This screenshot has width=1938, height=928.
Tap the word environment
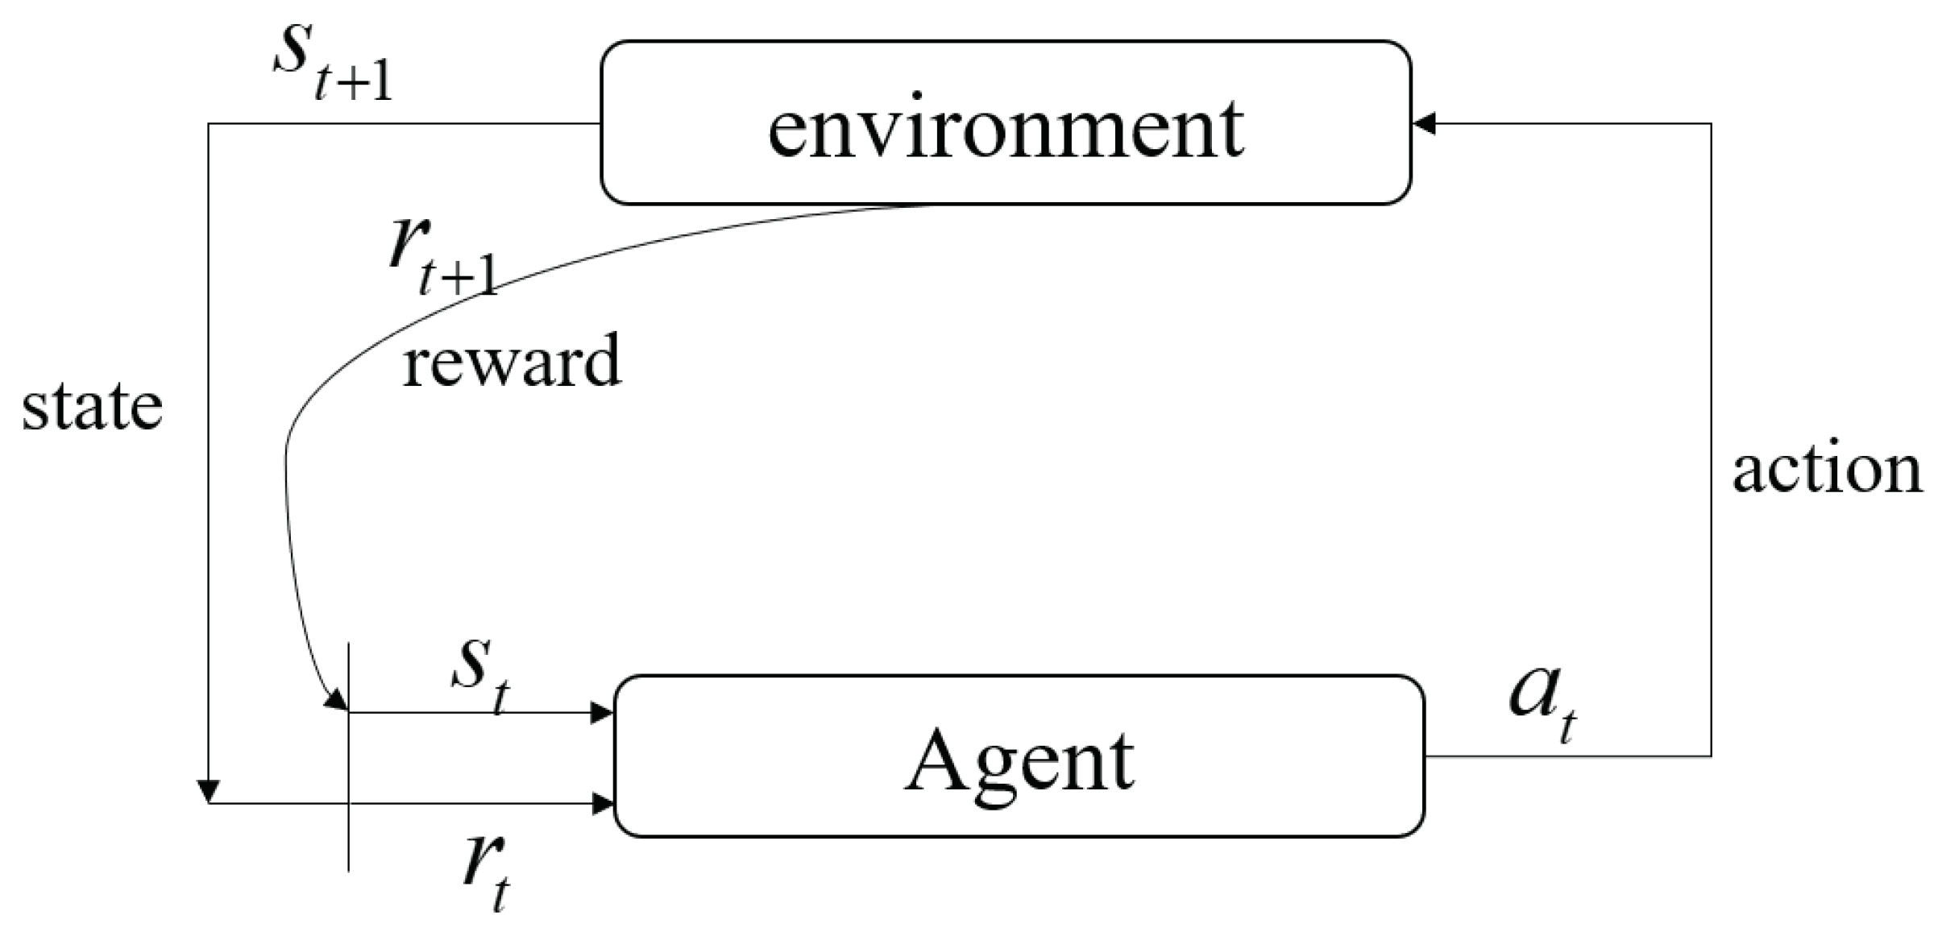[x=1006, y=129]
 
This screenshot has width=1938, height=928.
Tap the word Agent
[x=1019, y=761]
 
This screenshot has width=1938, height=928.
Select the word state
[x=92, y=407]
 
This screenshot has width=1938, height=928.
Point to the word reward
[x=512, y=362]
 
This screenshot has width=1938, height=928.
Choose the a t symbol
[x=1542, y=701]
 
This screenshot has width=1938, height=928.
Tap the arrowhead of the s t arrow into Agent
[x=602, y=713]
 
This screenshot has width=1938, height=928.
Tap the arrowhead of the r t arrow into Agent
[x=602, y=803]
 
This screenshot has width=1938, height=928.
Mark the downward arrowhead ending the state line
[x=209, y=791]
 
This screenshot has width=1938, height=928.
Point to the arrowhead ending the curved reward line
[x=335, y=702]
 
